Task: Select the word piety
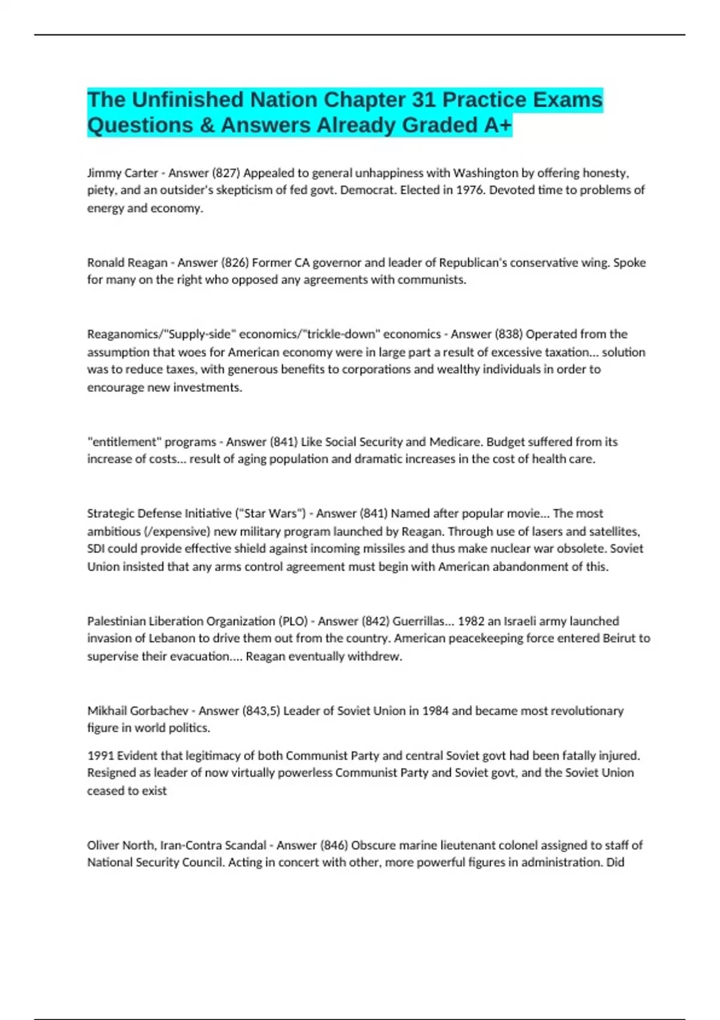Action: click(x=101, y=190)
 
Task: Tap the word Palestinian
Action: click(x=116, y=621)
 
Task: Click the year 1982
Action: click(x=471, y=621)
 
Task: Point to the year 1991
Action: click(x=100, y=756)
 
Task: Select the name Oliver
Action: click(x=103, y=845)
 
